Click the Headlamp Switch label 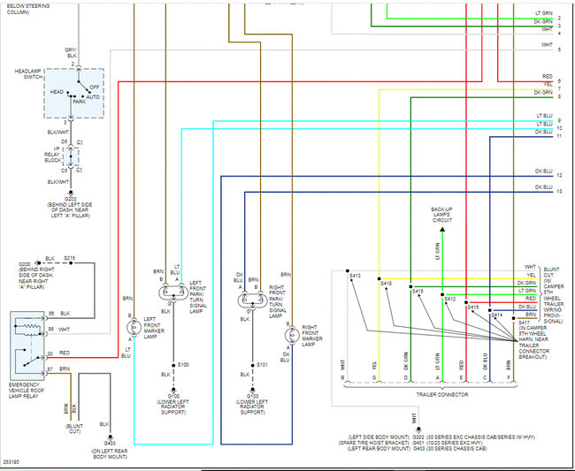28,73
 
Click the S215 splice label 69,258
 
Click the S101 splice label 262,364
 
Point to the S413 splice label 355,277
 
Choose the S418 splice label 386,283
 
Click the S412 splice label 449,300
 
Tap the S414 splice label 496,315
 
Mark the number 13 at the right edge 559,191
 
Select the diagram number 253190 12,461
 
